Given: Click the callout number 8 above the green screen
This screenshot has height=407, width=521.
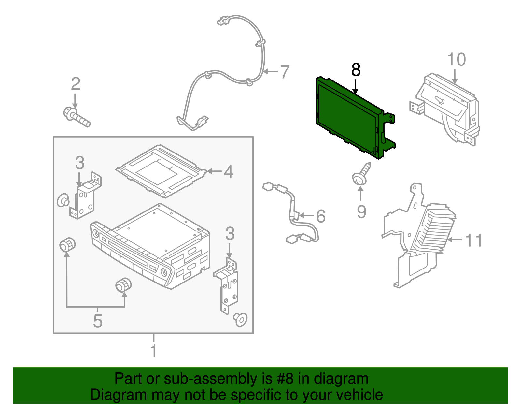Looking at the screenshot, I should (x=356, y=70).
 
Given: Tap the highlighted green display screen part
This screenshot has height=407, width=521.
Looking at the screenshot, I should (x=348, y=117).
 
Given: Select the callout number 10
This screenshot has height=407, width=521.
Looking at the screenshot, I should (x=456, y=60).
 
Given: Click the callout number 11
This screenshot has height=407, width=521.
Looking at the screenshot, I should (x=473, y=240).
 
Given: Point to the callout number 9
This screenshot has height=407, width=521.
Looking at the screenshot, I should (x=361, y=212).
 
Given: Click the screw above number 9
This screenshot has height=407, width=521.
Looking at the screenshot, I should (x=362, y=175).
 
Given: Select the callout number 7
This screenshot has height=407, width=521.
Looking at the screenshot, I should (x=284, y=72).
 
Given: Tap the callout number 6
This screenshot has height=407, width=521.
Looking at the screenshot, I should (x=321, y=216).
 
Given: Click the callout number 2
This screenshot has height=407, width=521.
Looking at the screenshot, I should (x=76, y=84).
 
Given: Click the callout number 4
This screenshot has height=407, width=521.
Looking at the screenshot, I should (x=229, y=172).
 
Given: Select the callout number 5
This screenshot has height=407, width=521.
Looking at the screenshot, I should (x=97, y=321).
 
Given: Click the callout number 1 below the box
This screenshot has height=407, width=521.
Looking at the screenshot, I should (x=154, y=351).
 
